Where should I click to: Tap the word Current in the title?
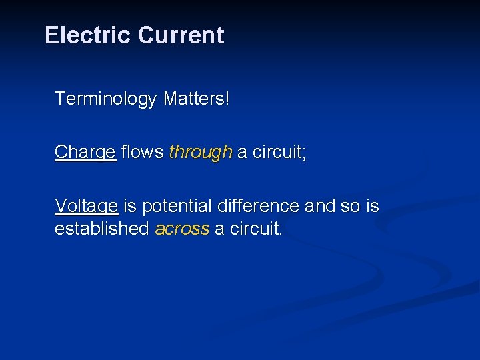point(181,35)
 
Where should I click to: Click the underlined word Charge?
point(85,153)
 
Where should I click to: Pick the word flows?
point(143,152)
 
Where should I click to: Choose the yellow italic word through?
point(200,153)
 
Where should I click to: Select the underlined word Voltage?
point(87,207)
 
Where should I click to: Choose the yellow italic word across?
point(182,229)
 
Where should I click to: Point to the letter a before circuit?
point(242,153)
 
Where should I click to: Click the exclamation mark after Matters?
point(227,99)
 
